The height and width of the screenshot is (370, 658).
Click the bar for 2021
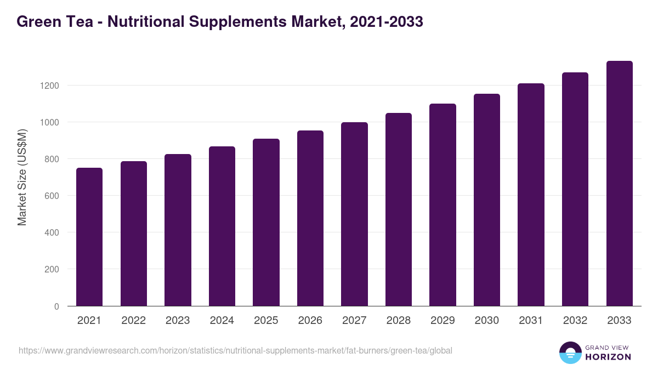[x=89, y=237]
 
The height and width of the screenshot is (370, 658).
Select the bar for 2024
[x=222, y=226]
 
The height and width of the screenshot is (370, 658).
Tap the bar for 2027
[x=354, y=214]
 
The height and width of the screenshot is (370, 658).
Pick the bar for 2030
[x=487, y=200]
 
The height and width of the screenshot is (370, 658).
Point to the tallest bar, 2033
[x=619, y=183]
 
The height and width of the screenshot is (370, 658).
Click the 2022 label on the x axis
[x=133, y=321]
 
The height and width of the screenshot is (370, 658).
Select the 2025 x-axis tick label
[x=266, y=321]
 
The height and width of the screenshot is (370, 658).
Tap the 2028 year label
[x=399, y=321]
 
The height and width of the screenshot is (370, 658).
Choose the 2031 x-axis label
[x=531, y=321]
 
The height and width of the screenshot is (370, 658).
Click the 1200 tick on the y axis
[x=49, y=86]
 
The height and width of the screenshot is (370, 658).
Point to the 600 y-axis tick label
[x=52, y=196]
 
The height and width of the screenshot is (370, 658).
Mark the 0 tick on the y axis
[x=56, y=306]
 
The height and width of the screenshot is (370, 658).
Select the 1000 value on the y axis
[x=49, y=122]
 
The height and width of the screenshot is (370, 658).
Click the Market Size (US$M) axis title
[x=22, y=177]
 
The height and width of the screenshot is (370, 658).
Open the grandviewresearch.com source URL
[x=235, y=350]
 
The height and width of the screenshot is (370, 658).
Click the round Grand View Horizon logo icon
[x=570, y=352]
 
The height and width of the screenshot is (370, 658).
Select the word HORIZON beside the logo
[x=608, y=357]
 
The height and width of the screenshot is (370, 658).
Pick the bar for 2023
[x=178, y=230]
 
